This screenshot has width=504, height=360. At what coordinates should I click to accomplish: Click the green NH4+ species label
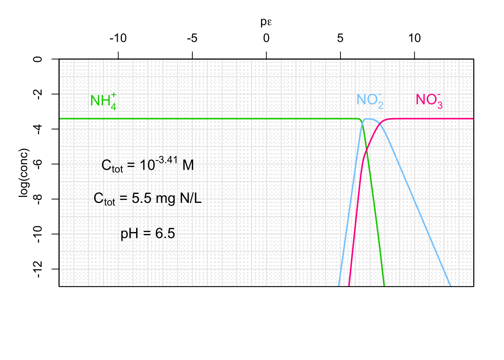click(103, 101)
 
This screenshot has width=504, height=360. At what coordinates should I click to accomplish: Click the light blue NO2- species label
click(370, 100)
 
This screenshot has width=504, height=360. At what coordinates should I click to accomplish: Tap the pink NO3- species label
click(429, 100)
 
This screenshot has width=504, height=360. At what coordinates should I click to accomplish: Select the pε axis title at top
click(266, 22)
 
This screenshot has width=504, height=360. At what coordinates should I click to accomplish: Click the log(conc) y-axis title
click(24, 173)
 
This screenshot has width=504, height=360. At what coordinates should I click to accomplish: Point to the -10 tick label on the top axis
click(118, 38)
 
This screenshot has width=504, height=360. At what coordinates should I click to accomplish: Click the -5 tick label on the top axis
click(192, 38)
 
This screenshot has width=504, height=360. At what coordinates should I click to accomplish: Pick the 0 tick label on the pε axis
click(266, 38)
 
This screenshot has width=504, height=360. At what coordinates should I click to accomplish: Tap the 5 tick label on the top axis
click(340, 38)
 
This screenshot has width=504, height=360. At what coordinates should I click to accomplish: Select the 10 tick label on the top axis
click(414, 38)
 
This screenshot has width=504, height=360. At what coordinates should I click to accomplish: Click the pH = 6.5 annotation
click(148, 234)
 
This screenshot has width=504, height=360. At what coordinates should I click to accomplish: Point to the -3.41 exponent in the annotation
click(166, 160)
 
